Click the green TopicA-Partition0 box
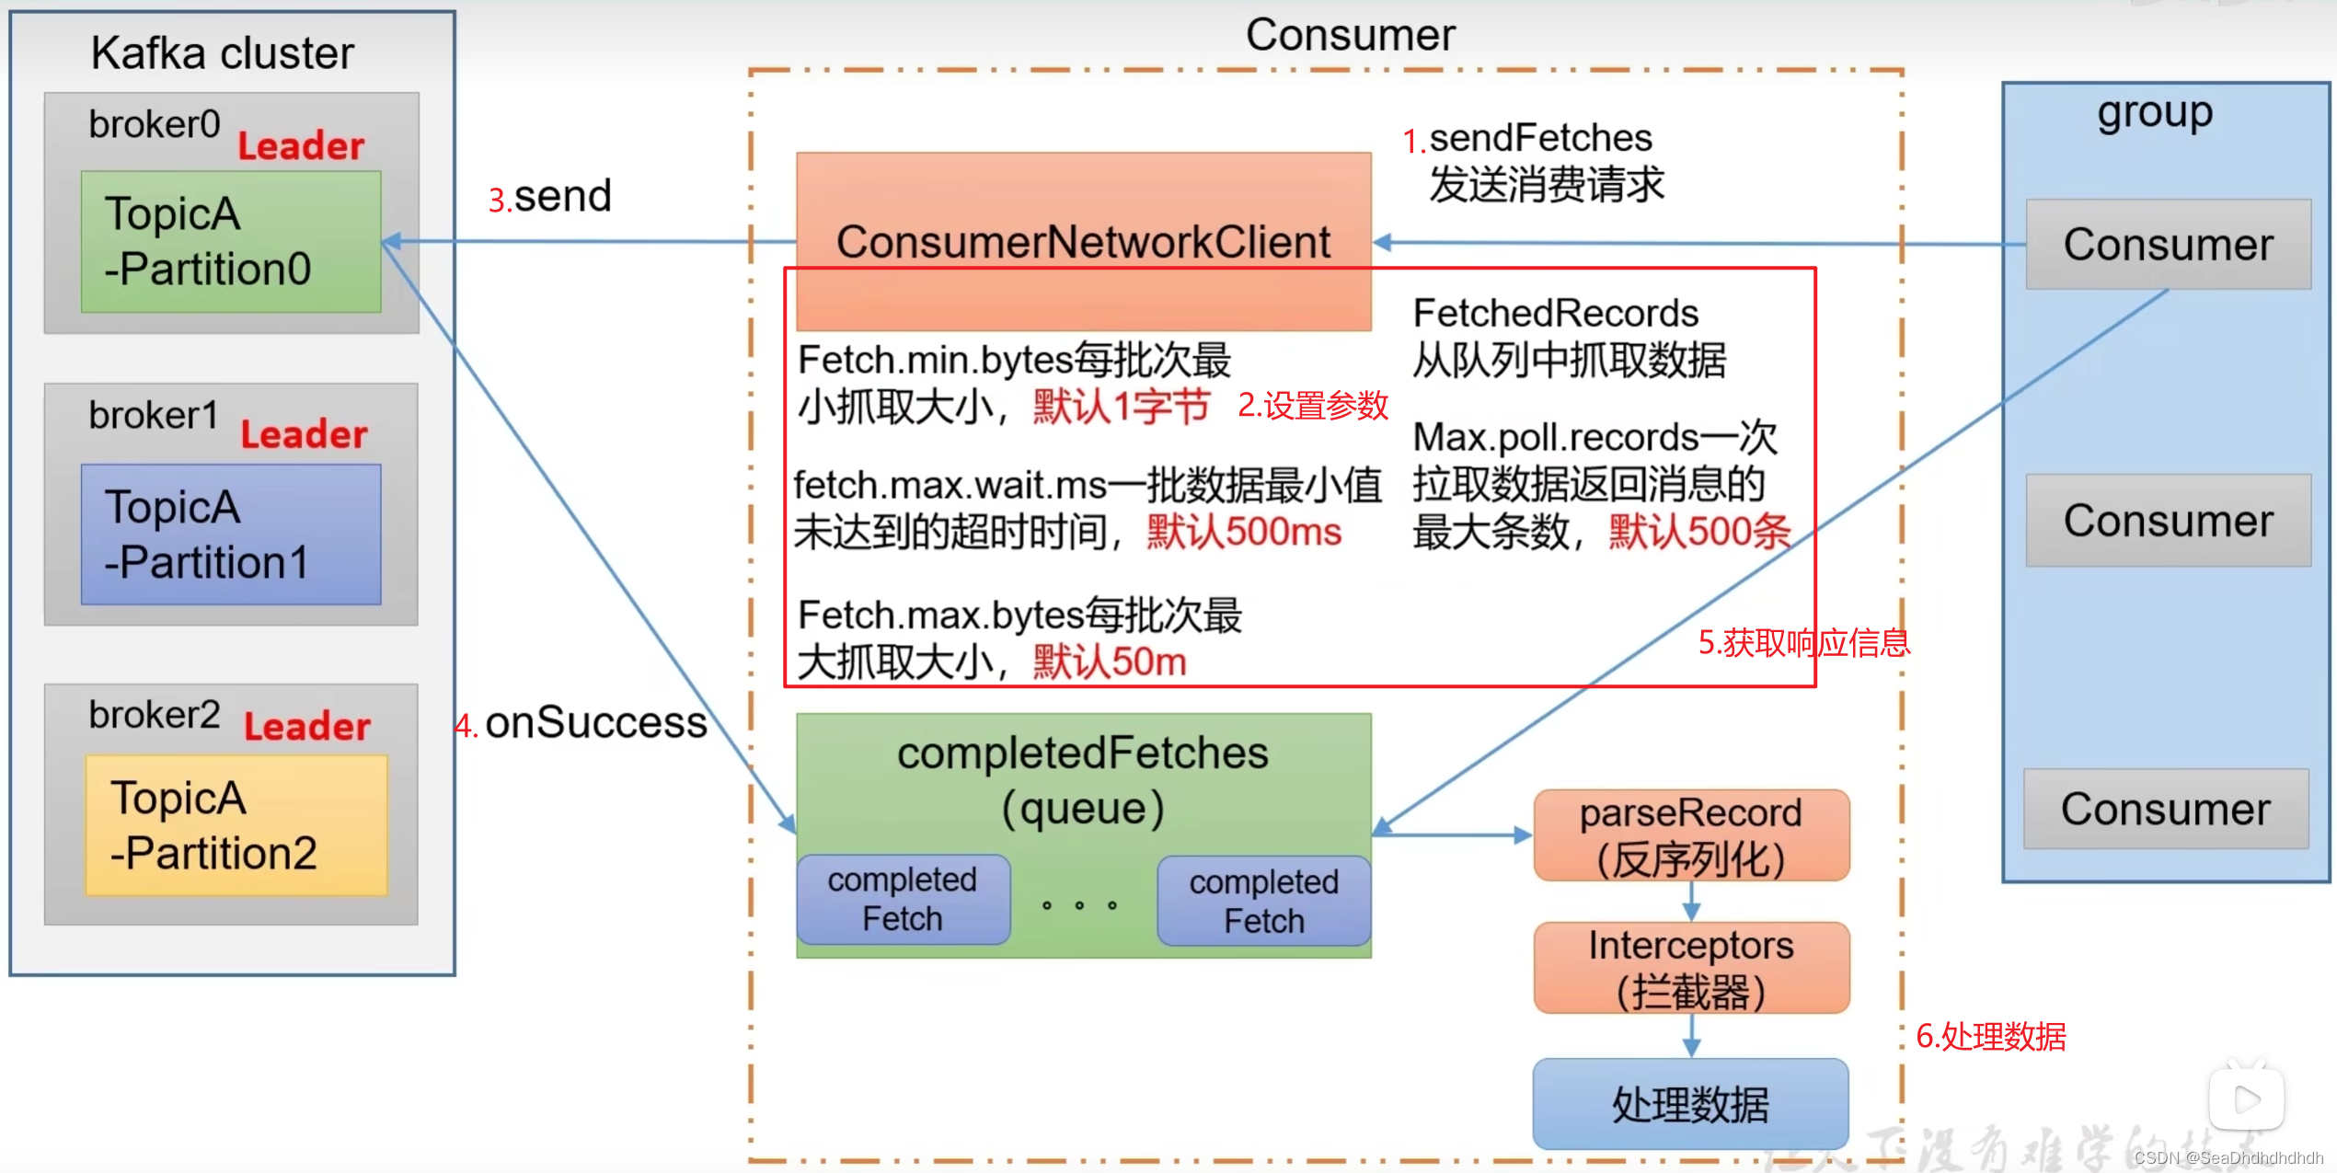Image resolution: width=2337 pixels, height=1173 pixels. [230, 241]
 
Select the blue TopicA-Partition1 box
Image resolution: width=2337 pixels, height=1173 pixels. [230, 535]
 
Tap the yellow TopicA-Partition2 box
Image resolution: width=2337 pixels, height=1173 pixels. [236, 825]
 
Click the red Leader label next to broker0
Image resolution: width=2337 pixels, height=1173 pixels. [301, 146]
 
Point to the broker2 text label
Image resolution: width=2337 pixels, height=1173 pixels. [154, 715]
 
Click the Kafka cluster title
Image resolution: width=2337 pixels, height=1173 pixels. [222, 52]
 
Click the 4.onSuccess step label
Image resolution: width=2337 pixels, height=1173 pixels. [581, 723]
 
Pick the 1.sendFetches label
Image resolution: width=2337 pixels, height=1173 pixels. [1527, 139]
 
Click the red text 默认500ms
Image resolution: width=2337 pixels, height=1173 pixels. [1244, 533]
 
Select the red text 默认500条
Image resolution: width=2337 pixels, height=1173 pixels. [1699, 532]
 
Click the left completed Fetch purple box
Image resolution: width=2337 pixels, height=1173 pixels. [903, 899]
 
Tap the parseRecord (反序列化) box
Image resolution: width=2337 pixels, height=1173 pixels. [1691, 835]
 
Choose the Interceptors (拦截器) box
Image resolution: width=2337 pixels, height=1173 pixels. [1691, 968]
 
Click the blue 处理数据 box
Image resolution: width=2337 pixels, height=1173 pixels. [1690, 1103]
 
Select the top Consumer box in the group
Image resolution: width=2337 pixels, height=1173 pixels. [2168, 245]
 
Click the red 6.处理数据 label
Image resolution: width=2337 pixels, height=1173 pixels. [1991, 1037]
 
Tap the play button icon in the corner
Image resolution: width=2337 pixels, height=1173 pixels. [2246, 1098]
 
